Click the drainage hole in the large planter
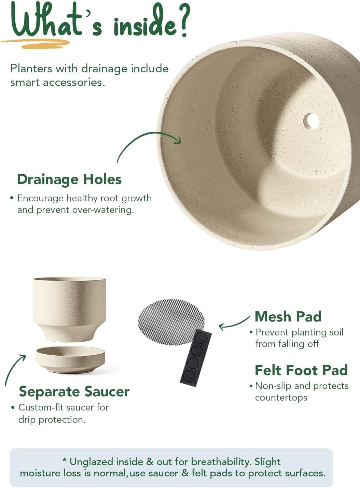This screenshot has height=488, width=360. pos(311,121)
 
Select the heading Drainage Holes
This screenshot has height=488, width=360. pos(69,180)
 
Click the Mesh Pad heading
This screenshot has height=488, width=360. pos(288,316)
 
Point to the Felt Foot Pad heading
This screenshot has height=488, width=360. pos(301,370)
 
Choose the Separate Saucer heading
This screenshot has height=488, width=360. pos(74,391)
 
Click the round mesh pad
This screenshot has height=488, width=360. pos(171,321)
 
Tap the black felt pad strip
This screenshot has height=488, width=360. pos(196,358)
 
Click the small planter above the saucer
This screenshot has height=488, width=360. pos(69,310)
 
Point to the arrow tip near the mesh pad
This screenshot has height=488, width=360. pos(219,327)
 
